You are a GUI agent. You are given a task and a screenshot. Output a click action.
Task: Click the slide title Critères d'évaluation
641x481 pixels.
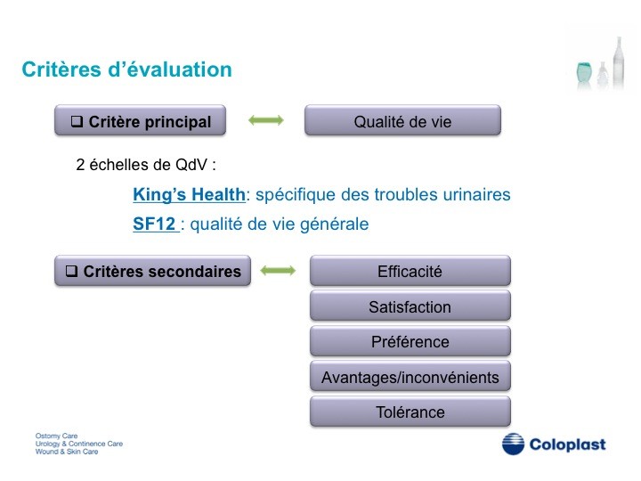(126, 69)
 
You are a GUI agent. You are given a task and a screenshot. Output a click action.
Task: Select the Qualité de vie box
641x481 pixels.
(402, 120)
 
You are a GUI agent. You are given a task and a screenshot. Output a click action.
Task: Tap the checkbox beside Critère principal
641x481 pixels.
(77, 121)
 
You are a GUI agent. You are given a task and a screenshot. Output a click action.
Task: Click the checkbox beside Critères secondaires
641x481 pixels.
(71, 271)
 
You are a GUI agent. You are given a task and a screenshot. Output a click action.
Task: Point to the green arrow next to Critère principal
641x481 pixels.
(266, 120)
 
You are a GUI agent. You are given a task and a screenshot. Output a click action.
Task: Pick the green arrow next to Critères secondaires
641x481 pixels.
(278, 271)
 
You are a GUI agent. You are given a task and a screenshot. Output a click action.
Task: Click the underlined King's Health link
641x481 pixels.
(190, 195)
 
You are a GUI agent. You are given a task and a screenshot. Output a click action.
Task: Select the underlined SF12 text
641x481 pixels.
(155, 224)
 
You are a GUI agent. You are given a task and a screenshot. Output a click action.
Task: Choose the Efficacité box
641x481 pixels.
(410, 271)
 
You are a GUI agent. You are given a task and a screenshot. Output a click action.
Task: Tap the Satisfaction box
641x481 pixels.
(410, 306)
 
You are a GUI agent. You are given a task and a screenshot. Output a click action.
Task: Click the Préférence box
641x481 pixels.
(410, 340)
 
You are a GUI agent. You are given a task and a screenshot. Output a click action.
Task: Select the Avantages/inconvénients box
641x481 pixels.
(410, 376)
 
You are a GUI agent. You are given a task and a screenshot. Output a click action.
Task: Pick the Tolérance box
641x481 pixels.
(410, 411)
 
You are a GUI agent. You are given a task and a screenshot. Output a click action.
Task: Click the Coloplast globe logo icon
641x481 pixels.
(513, 444)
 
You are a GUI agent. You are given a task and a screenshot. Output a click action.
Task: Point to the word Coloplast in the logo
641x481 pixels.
(567, 444)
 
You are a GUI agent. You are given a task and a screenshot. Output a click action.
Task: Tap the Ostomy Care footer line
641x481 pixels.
(56, 436)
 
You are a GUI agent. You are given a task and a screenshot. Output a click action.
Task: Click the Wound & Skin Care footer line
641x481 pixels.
(67, 452)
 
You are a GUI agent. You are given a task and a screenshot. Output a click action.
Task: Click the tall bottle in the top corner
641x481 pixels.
(619, 62)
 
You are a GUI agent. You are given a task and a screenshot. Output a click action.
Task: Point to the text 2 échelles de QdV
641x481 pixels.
(146, 165)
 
